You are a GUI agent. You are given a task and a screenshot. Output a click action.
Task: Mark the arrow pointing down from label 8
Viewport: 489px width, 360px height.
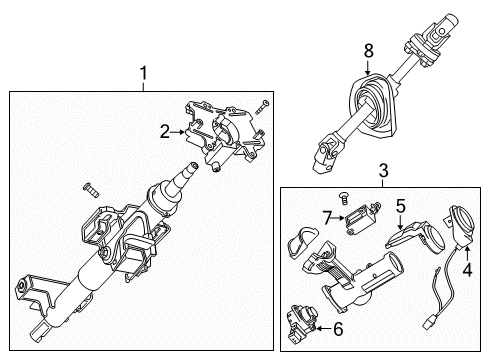(x=368, y=65)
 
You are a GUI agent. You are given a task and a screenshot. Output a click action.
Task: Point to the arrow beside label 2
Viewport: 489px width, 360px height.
(x=181, y=129)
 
